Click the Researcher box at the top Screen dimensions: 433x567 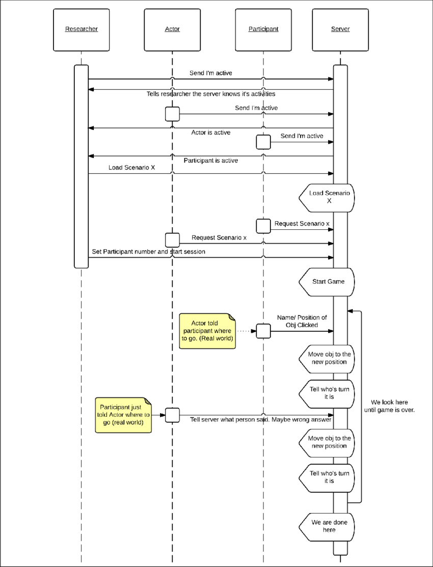click(82, 30)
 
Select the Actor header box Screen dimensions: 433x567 click(172, 30)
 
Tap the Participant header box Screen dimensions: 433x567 click(263, 30)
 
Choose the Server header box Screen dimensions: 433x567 click(340, 30)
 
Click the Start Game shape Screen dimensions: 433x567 click(327, 282)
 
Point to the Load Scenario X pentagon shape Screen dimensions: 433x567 click(327, 198)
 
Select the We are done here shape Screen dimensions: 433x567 click(327, 527)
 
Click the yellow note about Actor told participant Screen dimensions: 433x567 click(207, 331)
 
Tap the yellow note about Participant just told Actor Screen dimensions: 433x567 click(123, 415)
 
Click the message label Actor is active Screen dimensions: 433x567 click(210, 133)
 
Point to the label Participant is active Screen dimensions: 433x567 click(210, 160)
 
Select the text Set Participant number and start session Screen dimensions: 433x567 click(148, 252)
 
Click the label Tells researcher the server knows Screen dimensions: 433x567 click(210, 94)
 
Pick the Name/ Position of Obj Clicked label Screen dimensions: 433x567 click(302, 321)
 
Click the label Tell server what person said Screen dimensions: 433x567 click(261, 420)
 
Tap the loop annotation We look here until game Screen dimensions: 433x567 click(389, 406)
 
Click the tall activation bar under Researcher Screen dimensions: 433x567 click(82, 167)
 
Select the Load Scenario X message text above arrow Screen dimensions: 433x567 click(131, 168)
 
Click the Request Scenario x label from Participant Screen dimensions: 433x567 click(302, 224)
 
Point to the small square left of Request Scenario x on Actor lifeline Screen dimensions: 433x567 click(172, 240)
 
